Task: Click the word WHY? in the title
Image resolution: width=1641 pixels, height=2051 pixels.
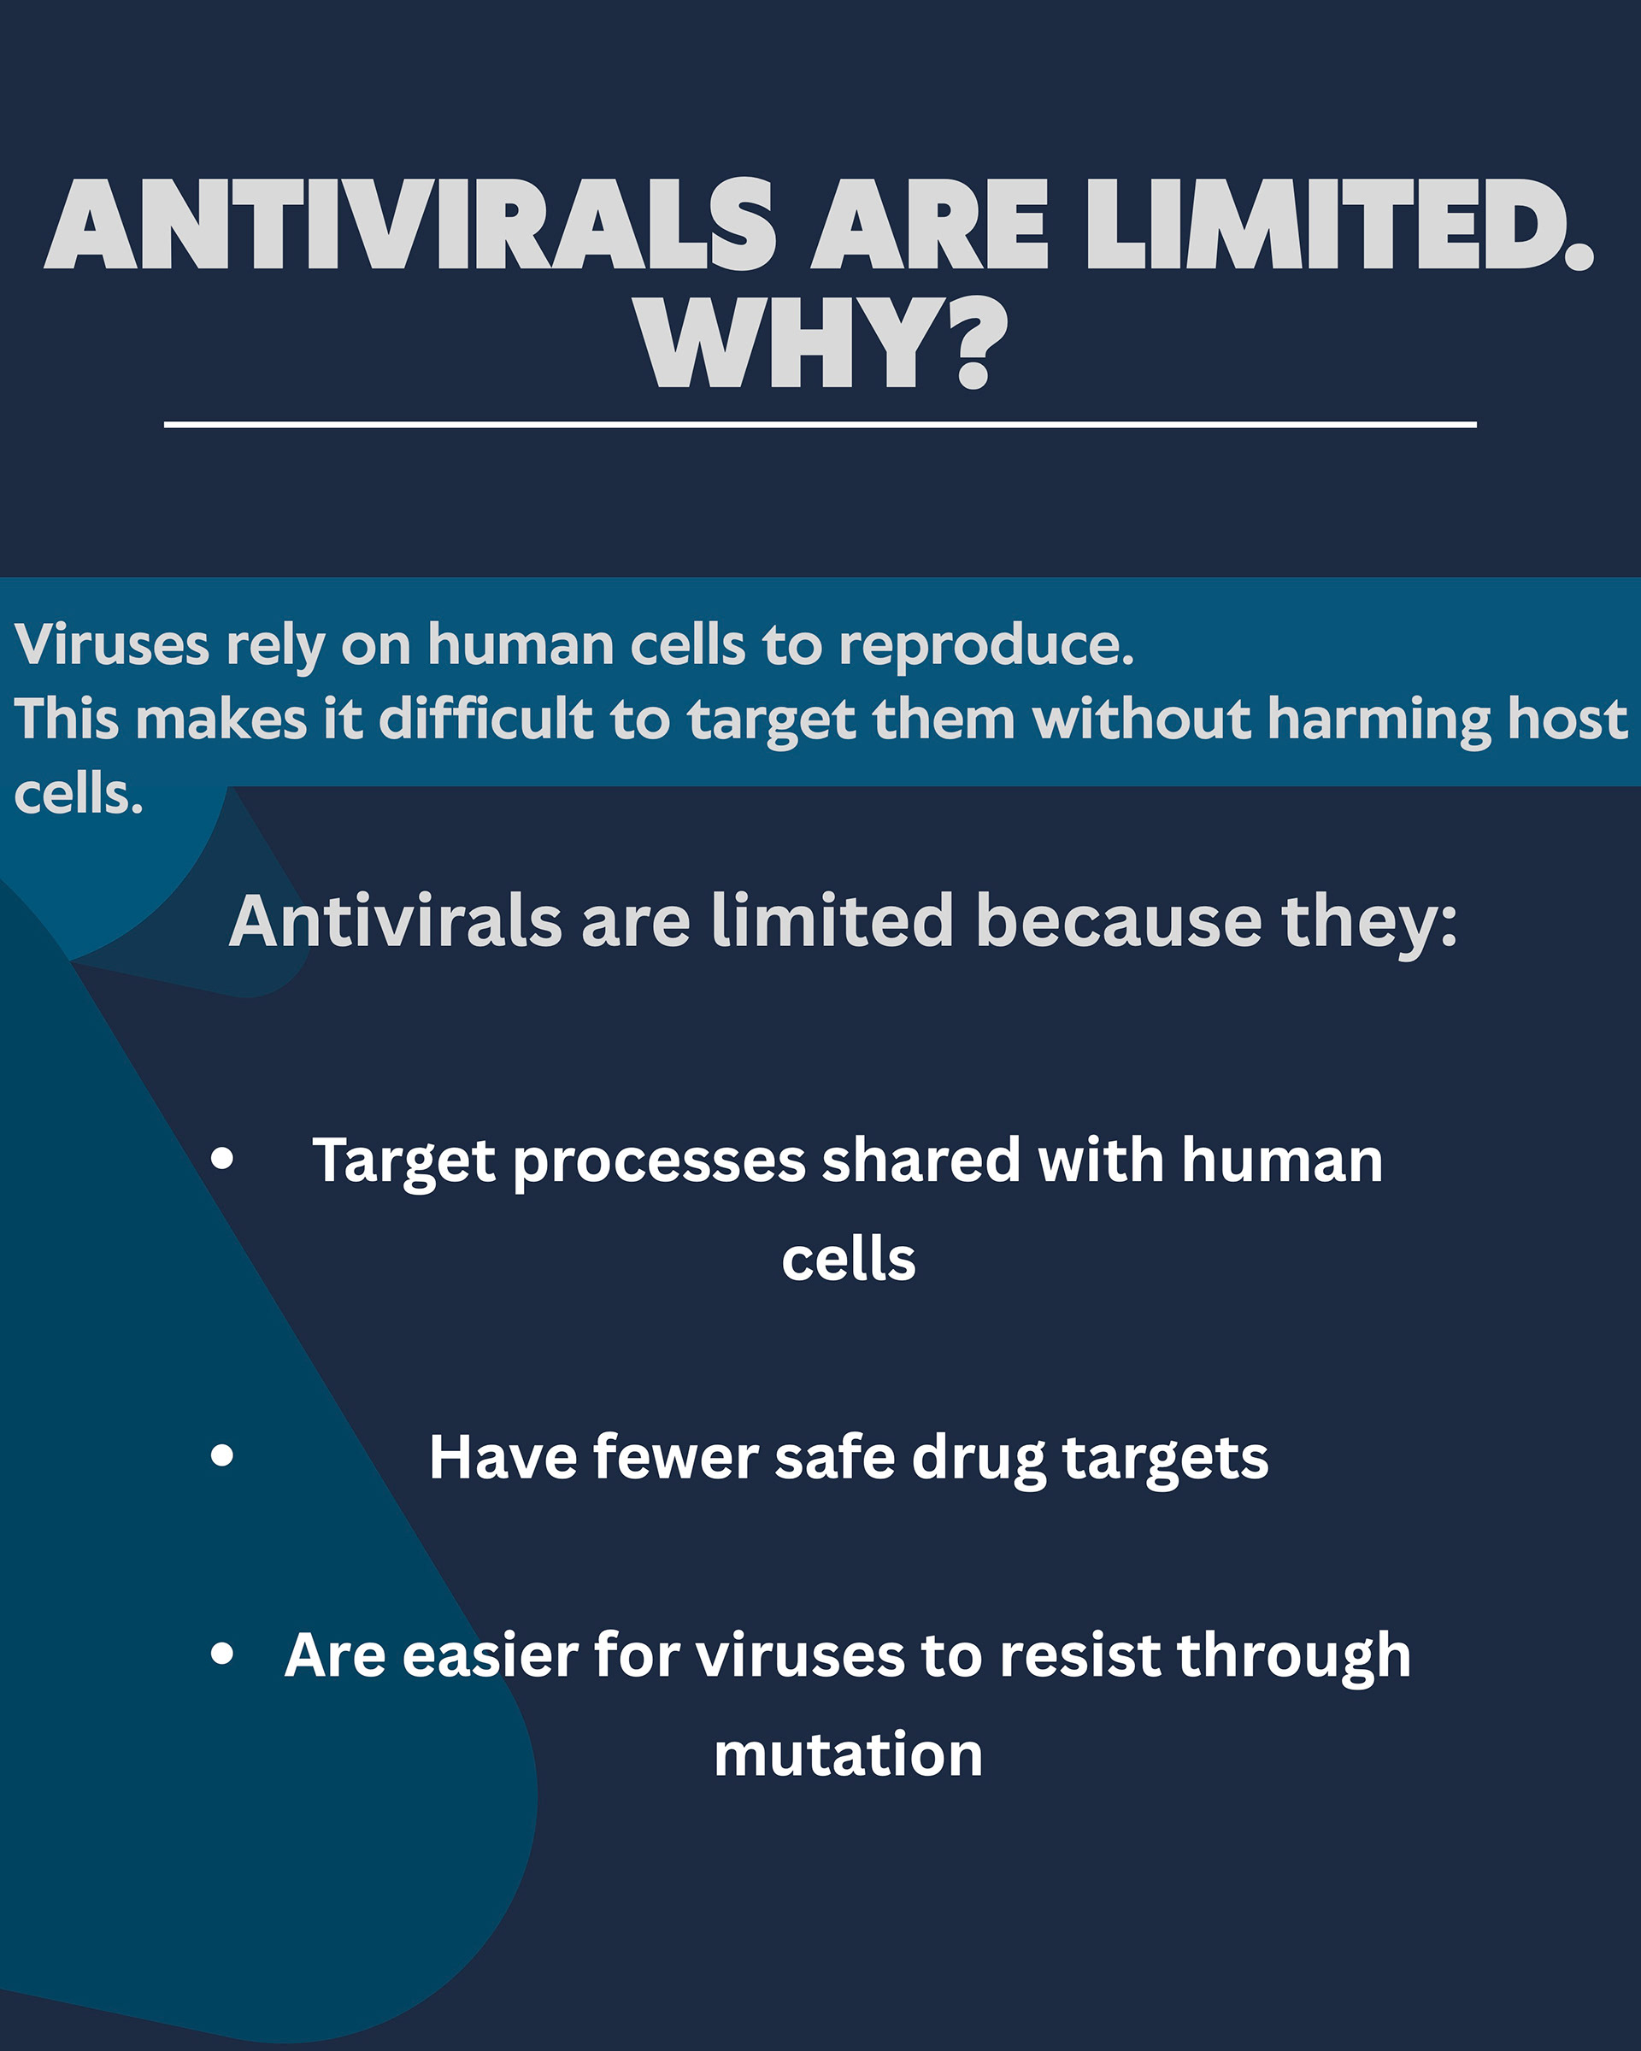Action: [822, 344]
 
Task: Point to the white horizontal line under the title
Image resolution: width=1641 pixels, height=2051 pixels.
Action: [820, 424]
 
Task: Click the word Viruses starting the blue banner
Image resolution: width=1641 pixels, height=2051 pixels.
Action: [111, 644]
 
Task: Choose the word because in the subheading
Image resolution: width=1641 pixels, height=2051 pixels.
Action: [1119, 921]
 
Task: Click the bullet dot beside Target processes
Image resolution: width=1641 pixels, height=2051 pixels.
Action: [222, 1158]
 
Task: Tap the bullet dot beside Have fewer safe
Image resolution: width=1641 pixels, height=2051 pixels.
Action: [222, 1455]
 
